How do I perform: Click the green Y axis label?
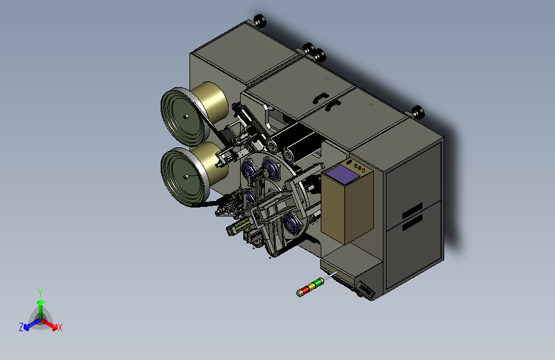[40, 293]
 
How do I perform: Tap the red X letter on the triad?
[60, 327]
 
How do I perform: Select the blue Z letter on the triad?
[21, 327]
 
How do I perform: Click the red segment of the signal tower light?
[305, 289]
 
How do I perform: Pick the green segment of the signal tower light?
[318, 282]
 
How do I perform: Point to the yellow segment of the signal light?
[312, 286]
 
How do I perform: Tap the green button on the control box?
[355, 165]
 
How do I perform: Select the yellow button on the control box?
[363, 170]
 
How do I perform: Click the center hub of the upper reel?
[186, 116]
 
